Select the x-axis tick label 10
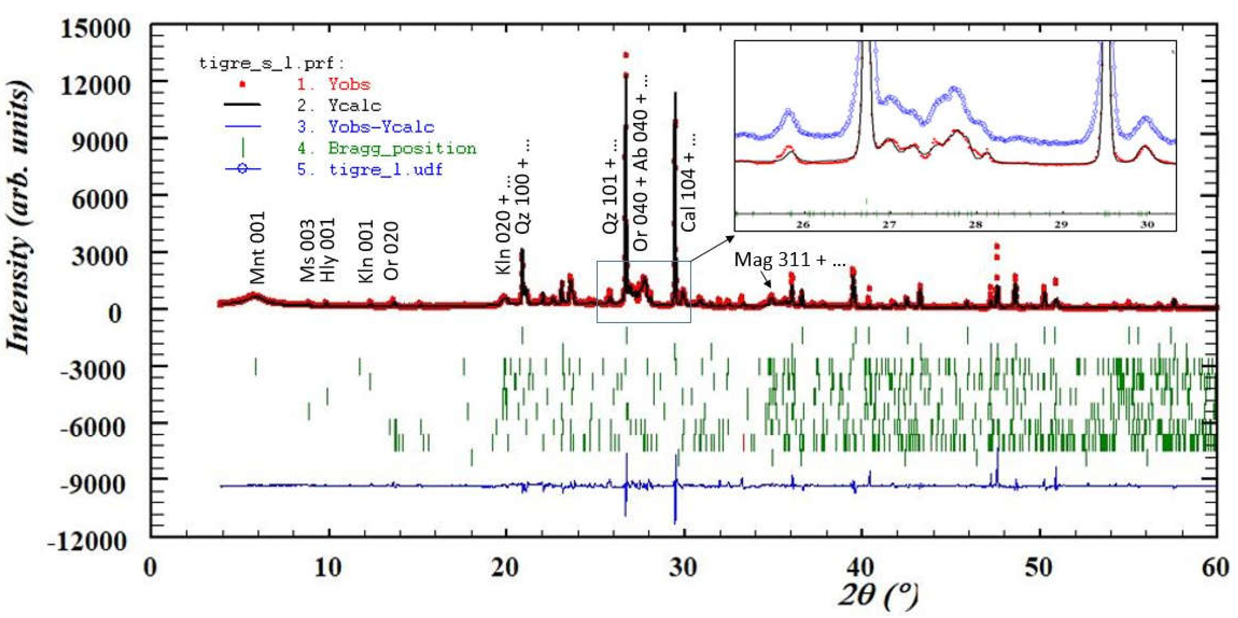click(328, 568)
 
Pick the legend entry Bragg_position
click(402, 148)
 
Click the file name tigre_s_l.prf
click(272, 63)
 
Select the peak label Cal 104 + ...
click(688, 183)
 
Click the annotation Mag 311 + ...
click(789, 260)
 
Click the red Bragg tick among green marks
click(743, 442)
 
